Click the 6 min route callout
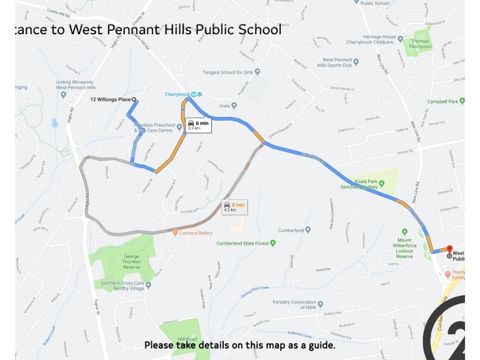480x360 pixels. click(x=197, y=125)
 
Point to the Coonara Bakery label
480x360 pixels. click(x=196, y=233)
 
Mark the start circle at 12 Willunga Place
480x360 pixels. click(x=134, y=100)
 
